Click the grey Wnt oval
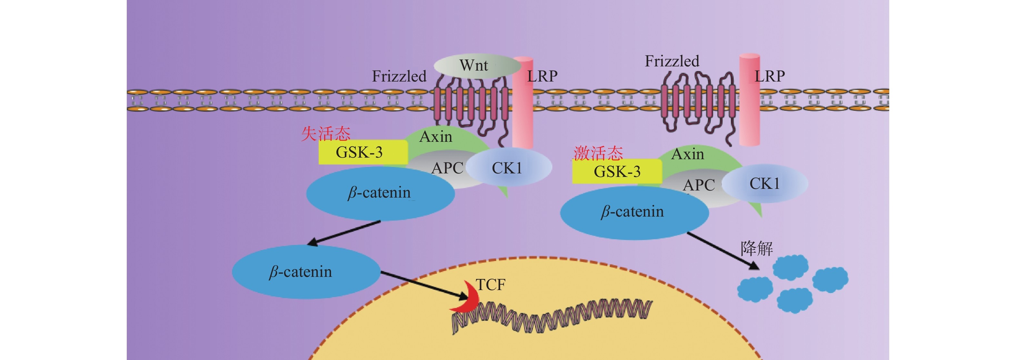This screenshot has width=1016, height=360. pos(476,66)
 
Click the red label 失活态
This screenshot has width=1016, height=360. pos(326,134)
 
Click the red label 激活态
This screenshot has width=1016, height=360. pos(598,153)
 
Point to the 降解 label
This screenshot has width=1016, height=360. pos(756,248)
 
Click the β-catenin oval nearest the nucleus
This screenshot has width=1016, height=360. pos(306,272)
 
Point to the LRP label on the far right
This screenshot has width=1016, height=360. pos(770,76)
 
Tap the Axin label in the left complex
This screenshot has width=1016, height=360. pos(435,137)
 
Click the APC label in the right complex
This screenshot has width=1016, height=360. pos(699,185)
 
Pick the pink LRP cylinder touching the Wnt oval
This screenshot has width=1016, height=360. pos(523,102)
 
